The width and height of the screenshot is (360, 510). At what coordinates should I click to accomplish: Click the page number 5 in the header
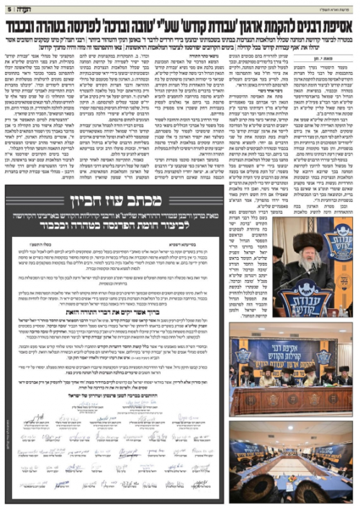point(8,9)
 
